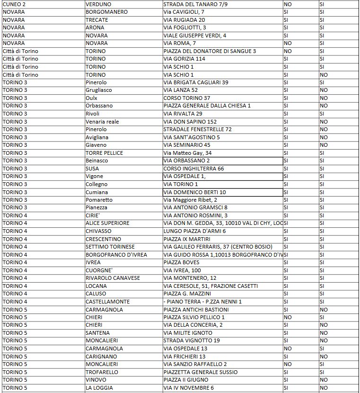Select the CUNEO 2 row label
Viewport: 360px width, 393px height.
(x=15, y=4)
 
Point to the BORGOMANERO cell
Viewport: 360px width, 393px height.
(x=106, y=12)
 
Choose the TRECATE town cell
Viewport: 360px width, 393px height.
(x=97, y=20)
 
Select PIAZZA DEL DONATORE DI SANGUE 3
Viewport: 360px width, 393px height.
(x=210, y=51)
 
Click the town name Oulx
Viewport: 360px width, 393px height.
(x=92, y=98)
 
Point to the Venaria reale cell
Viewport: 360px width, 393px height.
(x=102, y=122)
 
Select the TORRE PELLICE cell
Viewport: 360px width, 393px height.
(x=104, y=153)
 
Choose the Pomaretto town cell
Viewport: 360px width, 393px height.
(x=99, y=200)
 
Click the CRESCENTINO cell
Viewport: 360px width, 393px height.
(x=103, y=239)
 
